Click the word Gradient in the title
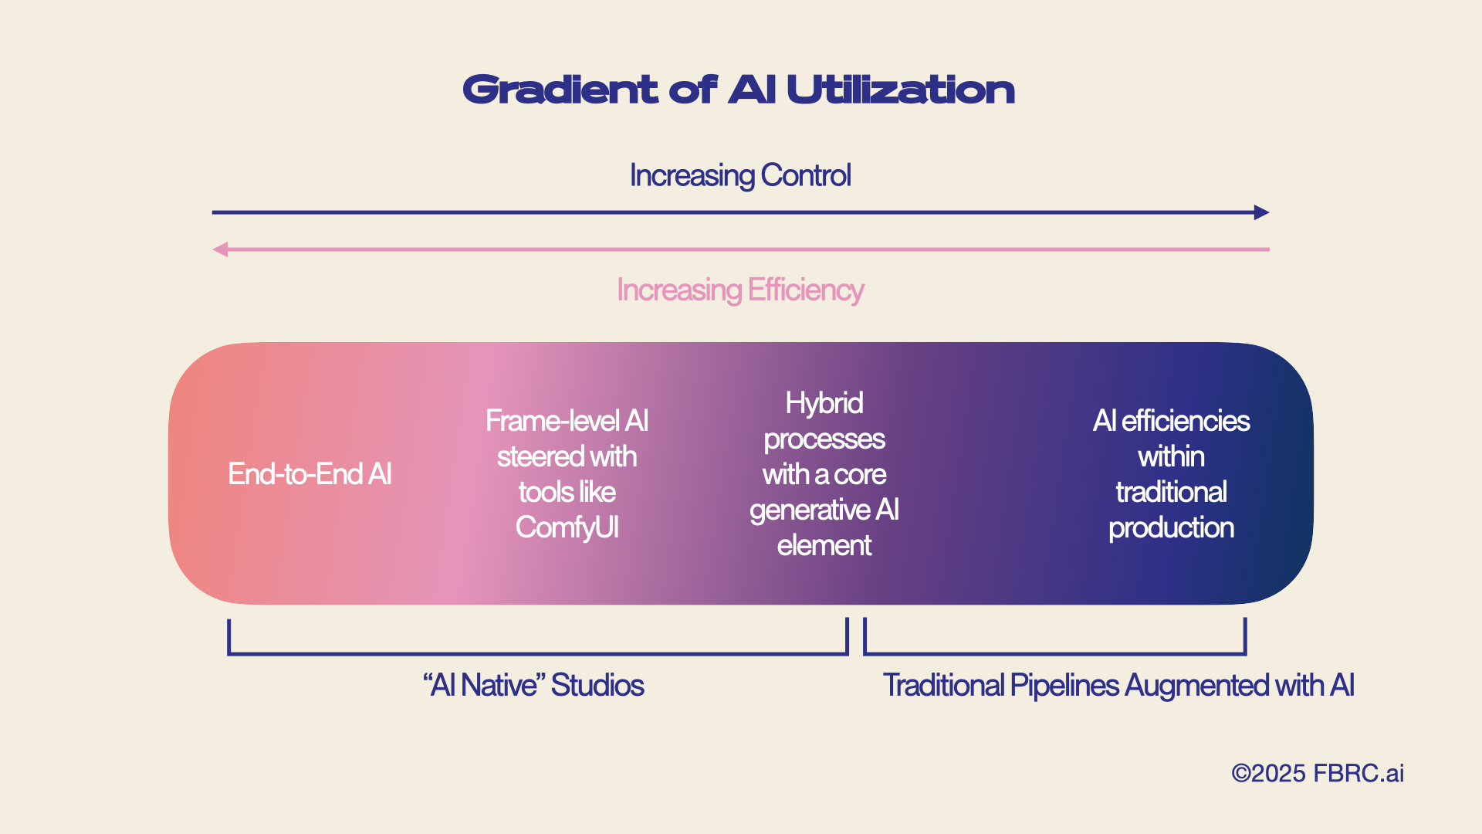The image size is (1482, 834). click(560, 90)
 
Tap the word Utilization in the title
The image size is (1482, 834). click(900, 90)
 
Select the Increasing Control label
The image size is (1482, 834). click(740, 175)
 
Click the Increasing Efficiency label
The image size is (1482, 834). click(740, 290)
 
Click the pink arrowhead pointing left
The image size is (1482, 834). click(221, 249)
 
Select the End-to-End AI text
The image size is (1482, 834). click(310, 474)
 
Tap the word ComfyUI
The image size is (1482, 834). click(567, 528)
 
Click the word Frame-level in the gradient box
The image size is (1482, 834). click(552, 422)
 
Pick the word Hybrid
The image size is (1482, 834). click(824, 403)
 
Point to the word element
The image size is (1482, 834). click(824, 546)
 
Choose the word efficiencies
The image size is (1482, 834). click(1186, 422)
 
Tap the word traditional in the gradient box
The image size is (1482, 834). click(1171, 493)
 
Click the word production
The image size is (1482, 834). click(1171, 528)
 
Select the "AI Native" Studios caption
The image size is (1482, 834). click(533, 686)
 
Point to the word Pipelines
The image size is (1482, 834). click(1064, 686)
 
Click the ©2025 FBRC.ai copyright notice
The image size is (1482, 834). click(1317, 774)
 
